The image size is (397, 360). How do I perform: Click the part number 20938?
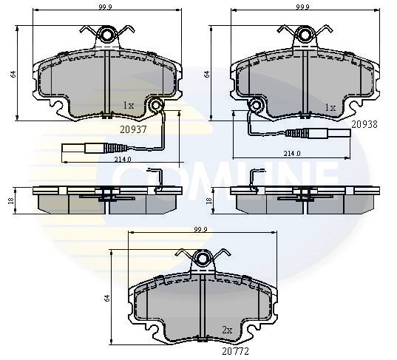364,125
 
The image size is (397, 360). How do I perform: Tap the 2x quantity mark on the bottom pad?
227,330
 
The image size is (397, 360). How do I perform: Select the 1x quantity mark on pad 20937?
129,106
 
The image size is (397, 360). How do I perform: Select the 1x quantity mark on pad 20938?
330,107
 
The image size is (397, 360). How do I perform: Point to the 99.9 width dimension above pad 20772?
200,230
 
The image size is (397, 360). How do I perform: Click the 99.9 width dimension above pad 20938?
304,7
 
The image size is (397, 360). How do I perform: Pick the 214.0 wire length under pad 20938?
292,154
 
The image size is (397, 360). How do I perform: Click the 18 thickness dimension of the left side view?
10,200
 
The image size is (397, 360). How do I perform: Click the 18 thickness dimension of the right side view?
209,200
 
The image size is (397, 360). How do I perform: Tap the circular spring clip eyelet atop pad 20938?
304,34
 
